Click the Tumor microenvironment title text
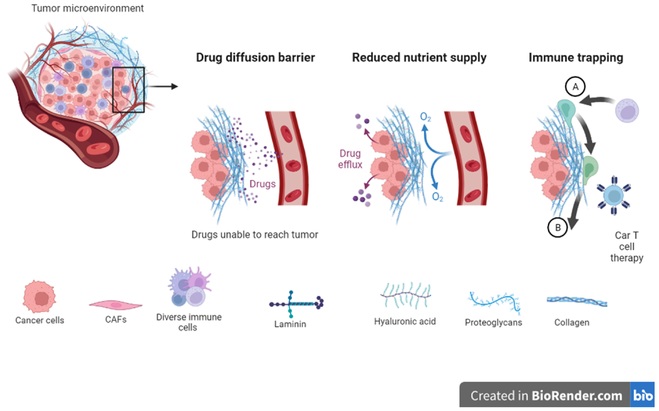pyautogui.click(x=87, y=8)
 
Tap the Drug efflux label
pyautogui.click(x=350, y=159)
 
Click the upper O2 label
pyautogui.click(x=425, y=117)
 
